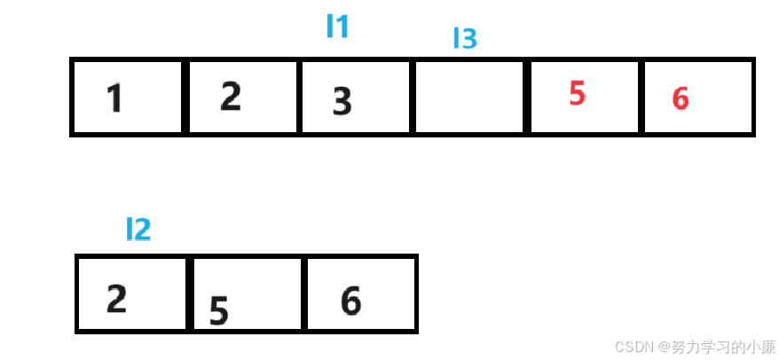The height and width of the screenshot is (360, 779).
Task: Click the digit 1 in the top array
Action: click(x=114, y=98)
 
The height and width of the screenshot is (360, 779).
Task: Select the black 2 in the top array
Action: click(x=231, y=96)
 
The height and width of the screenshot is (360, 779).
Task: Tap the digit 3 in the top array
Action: click(x=342, y=102)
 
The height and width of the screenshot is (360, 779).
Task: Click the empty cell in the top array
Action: click(x=470, y=98)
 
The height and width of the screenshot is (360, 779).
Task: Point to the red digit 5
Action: click(x=578, y=93)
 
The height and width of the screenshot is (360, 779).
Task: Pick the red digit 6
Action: click(x=681, y=98)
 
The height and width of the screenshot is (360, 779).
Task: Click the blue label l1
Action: click(x=338, y=27)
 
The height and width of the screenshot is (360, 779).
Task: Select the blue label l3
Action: click(x=465, y=39)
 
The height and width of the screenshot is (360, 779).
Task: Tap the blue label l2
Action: click(x=138, y=230)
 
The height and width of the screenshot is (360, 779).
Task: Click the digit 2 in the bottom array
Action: click(x=116, y=299)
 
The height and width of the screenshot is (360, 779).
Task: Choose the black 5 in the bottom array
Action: click(x=219, y=310)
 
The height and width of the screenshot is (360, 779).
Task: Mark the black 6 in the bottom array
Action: click(x=350, y=302)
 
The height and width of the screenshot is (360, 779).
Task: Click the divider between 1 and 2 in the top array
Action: click(x=185, y=98)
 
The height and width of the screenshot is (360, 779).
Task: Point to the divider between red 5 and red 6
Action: click(x=641, y=98)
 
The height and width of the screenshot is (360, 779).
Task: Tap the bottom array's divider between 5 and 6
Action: click(x=303, y=294)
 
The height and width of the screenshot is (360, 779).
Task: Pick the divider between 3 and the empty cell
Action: click(x=413, y=98)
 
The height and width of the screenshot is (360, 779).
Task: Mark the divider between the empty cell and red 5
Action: click(x=527, y=98)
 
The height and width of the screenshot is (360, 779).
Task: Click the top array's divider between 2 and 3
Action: click(x=299, y=98)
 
